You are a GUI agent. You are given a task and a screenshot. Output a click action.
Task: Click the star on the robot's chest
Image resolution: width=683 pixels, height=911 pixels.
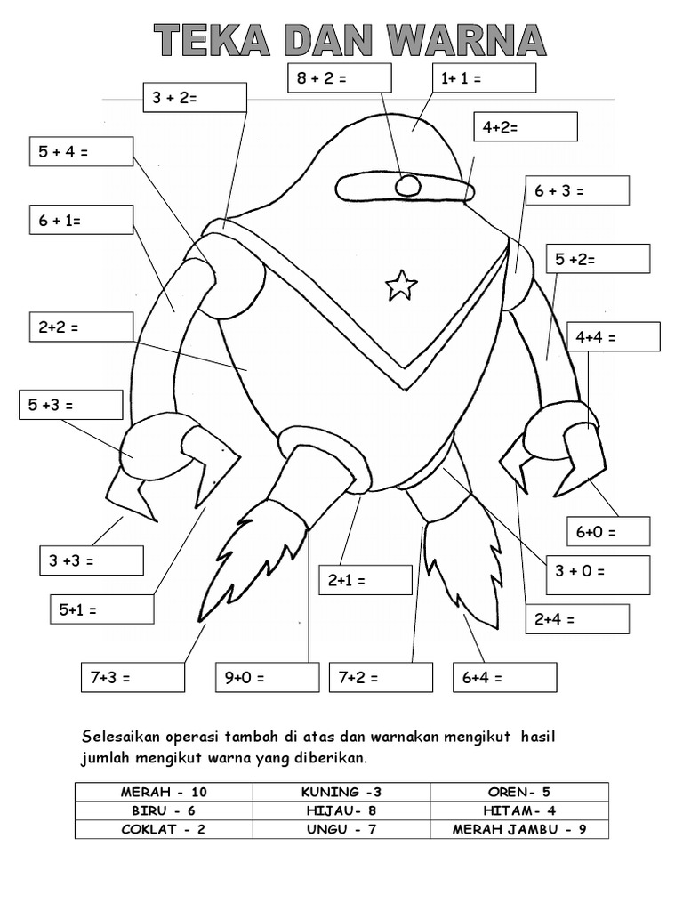tap(401, 286)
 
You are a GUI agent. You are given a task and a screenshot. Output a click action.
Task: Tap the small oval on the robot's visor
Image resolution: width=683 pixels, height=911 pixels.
tap(407, 186)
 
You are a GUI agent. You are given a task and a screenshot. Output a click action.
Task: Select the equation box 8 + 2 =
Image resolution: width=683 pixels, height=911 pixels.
tap(339, 78)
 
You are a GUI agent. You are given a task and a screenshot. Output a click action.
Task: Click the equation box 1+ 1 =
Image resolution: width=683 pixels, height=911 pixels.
tap(484, 78)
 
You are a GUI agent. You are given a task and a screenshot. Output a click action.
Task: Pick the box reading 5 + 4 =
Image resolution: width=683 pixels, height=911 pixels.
tap(81, 151)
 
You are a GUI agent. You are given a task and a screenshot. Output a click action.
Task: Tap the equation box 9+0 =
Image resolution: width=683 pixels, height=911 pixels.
tap(267, 678)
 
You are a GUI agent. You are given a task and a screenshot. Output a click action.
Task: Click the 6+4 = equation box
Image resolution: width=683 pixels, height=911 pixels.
tap(504, 678)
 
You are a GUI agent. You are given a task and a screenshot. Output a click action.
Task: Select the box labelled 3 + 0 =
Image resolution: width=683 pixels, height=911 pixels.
tap(598, 570)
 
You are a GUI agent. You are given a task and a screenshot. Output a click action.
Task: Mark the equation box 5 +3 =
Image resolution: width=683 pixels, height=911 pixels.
tap(70, 405)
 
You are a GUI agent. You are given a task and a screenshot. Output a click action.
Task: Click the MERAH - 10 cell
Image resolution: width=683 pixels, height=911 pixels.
tap(164, 792)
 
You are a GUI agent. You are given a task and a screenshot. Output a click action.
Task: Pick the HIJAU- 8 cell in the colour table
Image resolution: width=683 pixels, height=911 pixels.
tap(341, 810)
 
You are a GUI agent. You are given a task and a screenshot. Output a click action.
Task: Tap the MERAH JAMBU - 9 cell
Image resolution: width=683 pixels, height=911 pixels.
tap(519, 829)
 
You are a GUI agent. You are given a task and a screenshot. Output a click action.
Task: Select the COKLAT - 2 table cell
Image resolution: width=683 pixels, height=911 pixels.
tap(164, 829)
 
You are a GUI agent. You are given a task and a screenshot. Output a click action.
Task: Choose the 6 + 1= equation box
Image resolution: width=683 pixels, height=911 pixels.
tap(81, 220)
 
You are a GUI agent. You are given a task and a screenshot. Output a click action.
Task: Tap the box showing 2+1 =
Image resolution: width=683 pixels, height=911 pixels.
tap(366, 580)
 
